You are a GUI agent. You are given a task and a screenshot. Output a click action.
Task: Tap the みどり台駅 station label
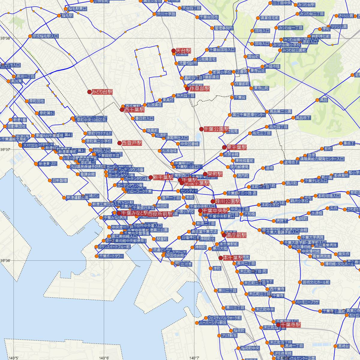[x=102, y=92]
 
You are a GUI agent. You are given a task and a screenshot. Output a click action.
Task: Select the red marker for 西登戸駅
[x=119, y=143]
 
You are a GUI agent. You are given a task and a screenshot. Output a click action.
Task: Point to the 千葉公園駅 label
[x=216, y=129]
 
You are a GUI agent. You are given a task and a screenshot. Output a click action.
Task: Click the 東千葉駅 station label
[x=237, y=147]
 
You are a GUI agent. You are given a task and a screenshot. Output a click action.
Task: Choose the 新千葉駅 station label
[x=163, y=177]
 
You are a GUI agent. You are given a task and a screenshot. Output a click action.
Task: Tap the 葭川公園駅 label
[x=228, y=201]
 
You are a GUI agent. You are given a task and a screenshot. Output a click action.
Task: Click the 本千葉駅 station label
[x=233, y=258]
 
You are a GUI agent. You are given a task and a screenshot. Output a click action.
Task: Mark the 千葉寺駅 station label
[x=290, y=325]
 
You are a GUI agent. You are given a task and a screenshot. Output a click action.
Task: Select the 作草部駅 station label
[x=199, y=88]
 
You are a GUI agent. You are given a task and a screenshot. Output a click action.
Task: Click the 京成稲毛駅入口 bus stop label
[x=45, y=36]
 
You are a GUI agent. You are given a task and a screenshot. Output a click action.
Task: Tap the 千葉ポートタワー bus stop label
[x=111, y=256]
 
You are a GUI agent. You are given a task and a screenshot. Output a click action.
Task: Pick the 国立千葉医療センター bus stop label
[x=249, y=115]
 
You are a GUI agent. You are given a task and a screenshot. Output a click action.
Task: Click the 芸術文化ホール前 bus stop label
[x=316, y=282]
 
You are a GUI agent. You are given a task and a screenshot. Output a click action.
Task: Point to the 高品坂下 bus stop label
[x=303, y=118]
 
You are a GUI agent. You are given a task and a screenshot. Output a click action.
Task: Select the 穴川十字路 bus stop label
[x=166, y=14]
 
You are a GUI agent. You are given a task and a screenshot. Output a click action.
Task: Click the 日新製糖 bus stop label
[x=60, y=181]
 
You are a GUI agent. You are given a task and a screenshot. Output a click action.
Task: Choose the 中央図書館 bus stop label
[x=190, y=144]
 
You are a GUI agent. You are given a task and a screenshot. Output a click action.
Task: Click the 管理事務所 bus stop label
[x=224, y=28]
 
